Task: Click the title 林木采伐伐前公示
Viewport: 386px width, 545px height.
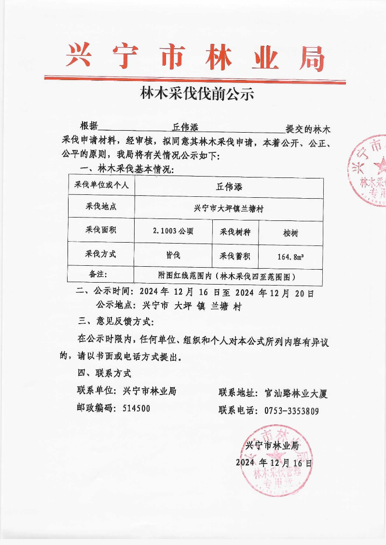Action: [x=196, y=93]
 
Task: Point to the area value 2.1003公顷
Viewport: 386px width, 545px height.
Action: [x=173, y=231]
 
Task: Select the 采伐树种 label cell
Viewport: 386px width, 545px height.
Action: [x=235, y=231]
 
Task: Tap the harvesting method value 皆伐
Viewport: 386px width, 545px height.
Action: [x=173, y=254]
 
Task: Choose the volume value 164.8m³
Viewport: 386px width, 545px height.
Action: [x=290, y=256]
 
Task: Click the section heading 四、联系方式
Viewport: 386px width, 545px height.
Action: [x=104, y=373]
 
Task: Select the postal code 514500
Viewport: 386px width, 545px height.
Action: [x=136, y=408]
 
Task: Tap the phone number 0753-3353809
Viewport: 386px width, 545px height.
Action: [x=291, y=411]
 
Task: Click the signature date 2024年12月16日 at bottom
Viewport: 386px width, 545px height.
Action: [x=274, y=463]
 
